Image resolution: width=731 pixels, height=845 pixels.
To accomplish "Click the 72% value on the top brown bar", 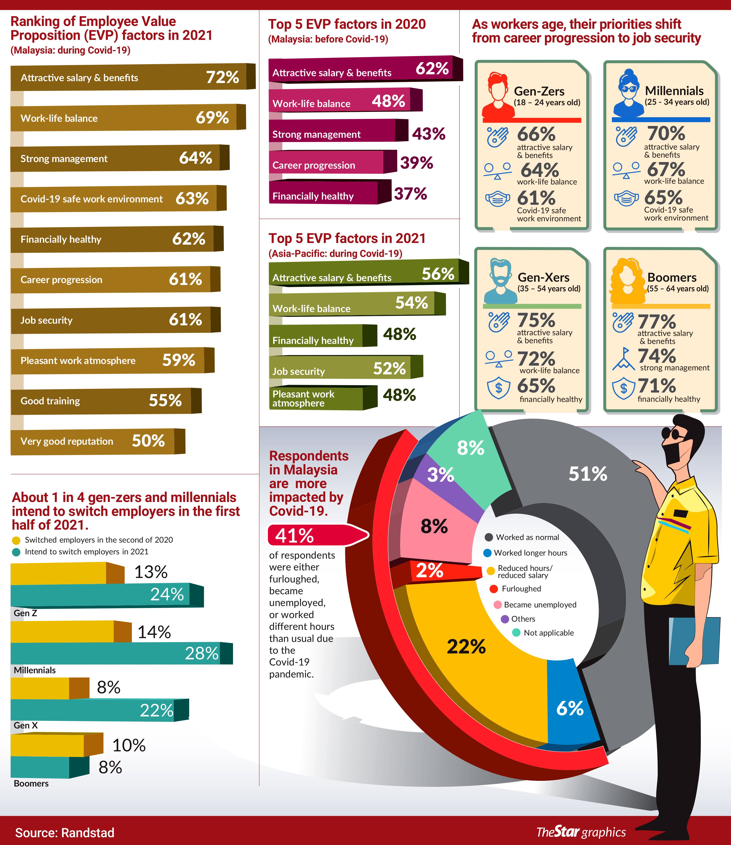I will tap(222, 77).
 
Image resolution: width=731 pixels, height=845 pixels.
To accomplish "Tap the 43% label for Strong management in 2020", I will tap(428, 134).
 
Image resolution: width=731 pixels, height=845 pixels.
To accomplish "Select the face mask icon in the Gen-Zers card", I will tap(497, 199).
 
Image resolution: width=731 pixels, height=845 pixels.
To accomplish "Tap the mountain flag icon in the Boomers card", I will tap(623, 359).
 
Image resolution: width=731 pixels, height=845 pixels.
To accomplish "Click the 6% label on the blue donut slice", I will tap(570, 709).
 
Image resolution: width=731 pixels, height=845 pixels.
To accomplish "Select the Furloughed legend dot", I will tap(494, 589).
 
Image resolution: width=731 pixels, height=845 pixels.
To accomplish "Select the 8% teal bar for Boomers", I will tap(49, 767).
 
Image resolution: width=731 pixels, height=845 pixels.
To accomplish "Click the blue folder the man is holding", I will tap(696, 643).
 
